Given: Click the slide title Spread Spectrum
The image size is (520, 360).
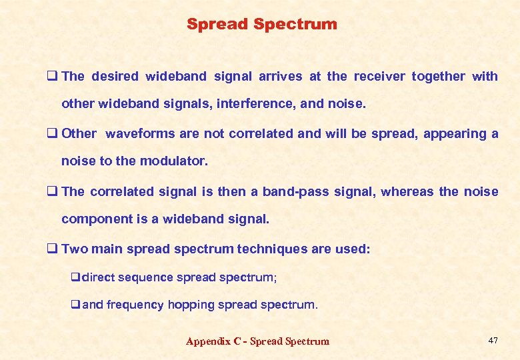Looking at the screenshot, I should pyautogui.click(x=261, y=25).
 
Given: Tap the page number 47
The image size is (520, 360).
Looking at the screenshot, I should pyautogui.click(x=493, y=341).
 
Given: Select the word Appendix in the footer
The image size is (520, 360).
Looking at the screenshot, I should pyautogui.click(x=208, y=341).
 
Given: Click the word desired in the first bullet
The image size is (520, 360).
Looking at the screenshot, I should pyautogui.click(x=114, y=76).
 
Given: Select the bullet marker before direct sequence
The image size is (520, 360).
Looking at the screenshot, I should pyautogui.click(x=75, y=277).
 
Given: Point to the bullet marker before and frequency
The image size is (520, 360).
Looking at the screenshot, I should pyautogui.click(x=75, y=305).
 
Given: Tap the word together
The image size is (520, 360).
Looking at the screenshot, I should pyautogui.click(x=438, y=76).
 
